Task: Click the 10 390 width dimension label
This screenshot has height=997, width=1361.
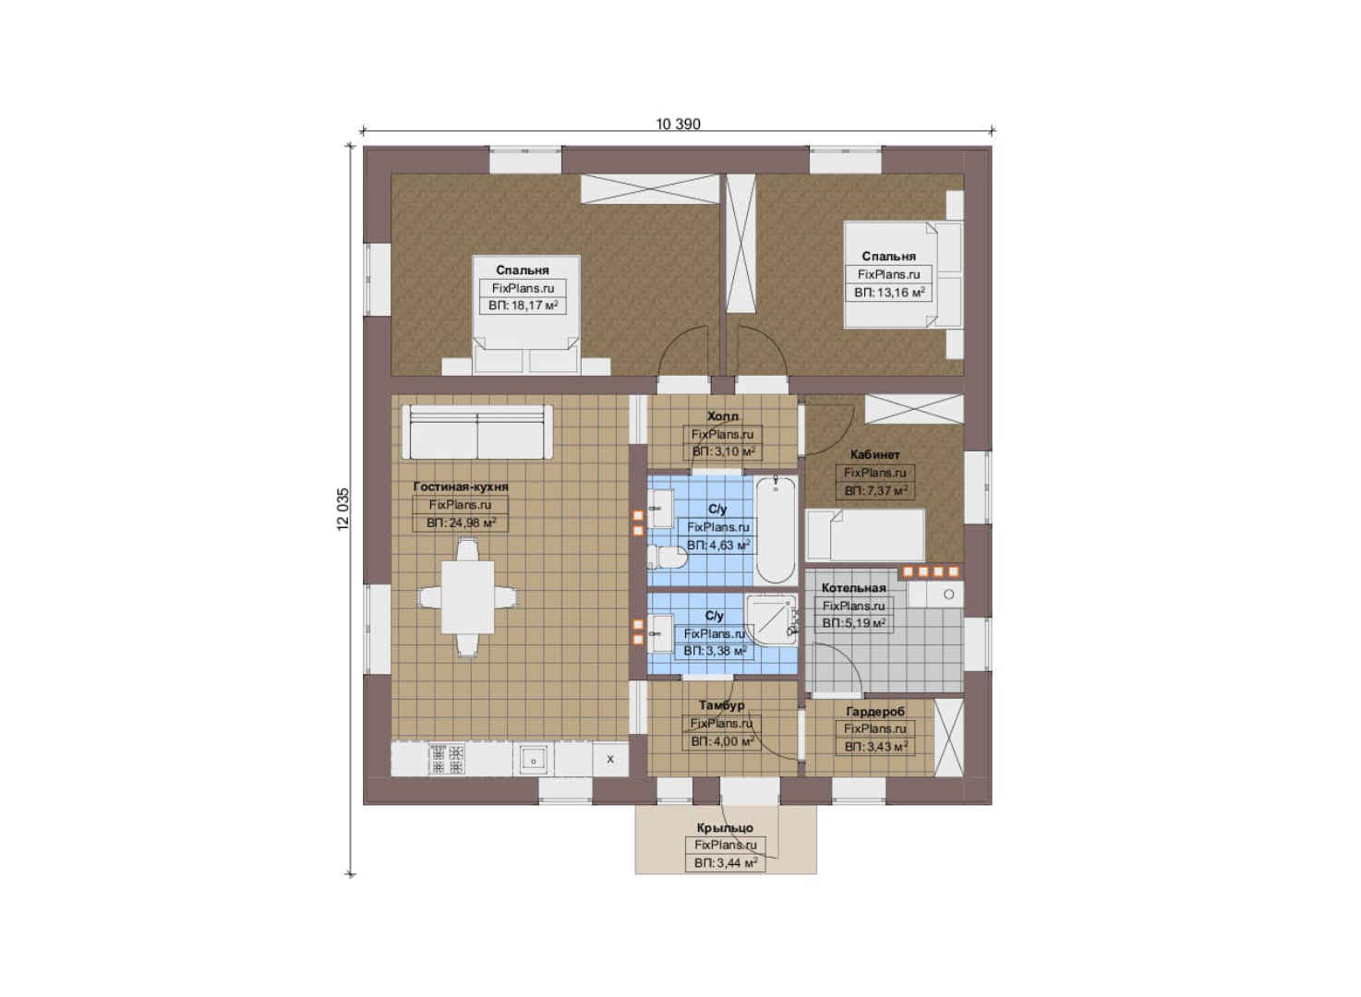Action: (678, 124)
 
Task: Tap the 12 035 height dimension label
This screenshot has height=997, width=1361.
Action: (343, 510)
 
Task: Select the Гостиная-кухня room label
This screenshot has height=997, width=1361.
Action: (461, 486)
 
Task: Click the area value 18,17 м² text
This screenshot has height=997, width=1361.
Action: (524, 305)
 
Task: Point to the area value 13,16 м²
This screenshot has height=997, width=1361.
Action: (889, 293)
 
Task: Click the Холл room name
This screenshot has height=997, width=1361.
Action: (722, 416)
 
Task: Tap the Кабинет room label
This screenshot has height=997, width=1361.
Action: (875, 454)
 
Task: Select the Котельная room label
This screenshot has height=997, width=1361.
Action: (854, 587)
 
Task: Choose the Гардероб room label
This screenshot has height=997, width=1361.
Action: (875, 710)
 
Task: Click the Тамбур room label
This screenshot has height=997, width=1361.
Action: (722, 704)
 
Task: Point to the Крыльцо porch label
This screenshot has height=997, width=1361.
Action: (725, 827)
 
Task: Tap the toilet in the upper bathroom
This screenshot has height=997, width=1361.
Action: (668, 557)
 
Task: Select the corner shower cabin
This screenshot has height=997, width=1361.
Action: (770, 620)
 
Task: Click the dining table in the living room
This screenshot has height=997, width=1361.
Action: (467, 597)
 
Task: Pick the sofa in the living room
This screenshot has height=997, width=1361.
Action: (477, 432)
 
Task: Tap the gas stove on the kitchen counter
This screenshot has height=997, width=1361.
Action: (447, 759)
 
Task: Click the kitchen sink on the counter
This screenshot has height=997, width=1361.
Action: (534, 760)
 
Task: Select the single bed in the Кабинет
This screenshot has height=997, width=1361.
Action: (864, 535)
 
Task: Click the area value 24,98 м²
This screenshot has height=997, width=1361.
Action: (461, 523)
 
